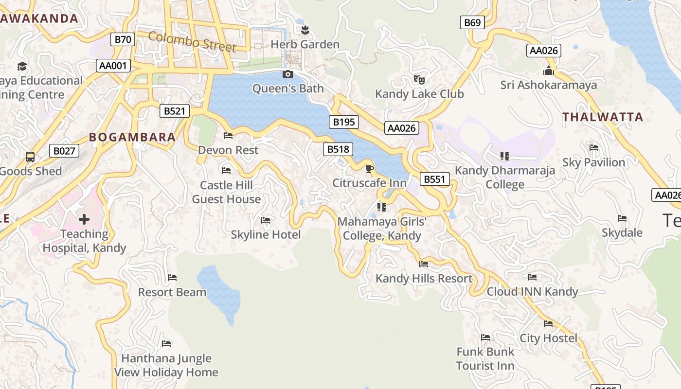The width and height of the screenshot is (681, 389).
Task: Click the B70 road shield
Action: (x=123, y=39)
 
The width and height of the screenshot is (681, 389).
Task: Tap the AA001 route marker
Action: (x=113, y=66)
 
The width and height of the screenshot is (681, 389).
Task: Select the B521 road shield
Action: (x=175, y=111)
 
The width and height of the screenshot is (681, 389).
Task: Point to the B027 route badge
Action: (x=64, y=151)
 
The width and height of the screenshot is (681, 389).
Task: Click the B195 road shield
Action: (x=344, y=122)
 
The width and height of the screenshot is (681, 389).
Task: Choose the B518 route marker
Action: (x=338, y=149)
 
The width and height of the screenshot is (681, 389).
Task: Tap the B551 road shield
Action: (x=434, y=179)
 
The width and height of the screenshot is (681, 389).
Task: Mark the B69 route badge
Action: (x=472, y=22)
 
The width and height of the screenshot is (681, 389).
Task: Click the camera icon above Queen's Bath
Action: (x=288, y=74)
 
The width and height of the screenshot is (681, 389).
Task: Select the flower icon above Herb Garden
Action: (x=305, y=31)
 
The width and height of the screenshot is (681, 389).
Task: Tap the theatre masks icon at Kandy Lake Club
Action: (x=419, y=79)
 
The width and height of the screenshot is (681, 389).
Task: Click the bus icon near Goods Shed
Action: (x=30, y=157)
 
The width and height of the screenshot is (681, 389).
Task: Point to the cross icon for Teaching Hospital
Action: (x=84, y=219)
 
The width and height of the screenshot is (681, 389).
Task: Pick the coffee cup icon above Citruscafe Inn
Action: (x=369, y=169)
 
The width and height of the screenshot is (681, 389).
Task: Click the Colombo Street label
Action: (x=192, y=41)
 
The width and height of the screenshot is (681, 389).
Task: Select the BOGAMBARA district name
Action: (x=132, y=137)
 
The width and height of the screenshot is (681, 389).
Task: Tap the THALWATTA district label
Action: (x=603, y=117)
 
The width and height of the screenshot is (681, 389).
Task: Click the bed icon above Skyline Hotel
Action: (x=266, y=220)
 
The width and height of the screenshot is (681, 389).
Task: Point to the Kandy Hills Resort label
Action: (x=424, y=279)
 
